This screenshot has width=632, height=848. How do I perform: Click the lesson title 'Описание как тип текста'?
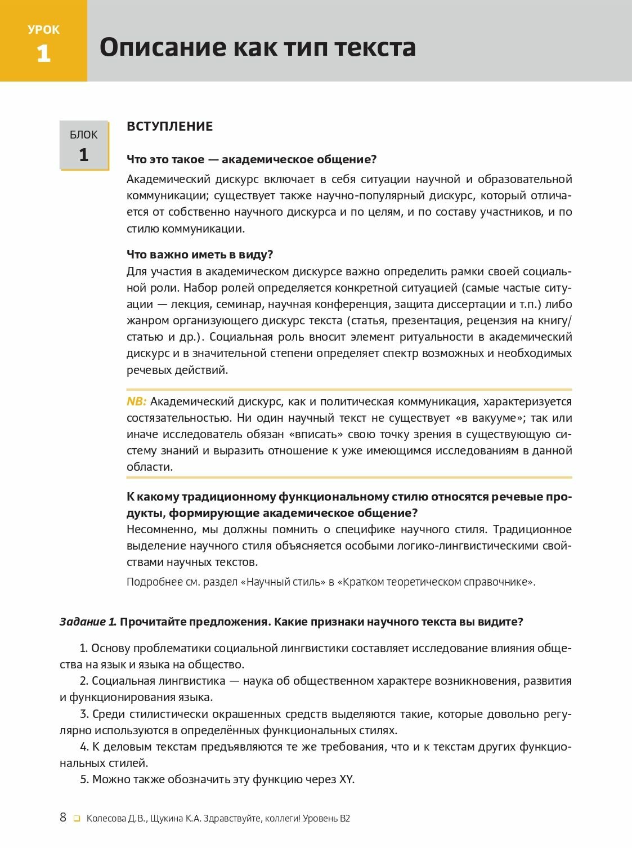[257, 47]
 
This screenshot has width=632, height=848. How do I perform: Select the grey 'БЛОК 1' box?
[84, 145]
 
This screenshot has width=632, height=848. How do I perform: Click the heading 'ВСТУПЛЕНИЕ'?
[169, 126]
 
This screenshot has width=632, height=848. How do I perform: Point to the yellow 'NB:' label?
[136, 401]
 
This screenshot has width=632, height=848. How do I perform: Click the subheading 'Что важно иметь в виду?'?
[200, 255]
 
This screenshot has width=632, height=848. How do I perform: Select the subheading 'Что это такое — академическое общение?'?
[252, 159]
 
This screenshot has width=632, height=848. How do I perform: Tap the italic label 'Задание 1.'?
[88, 622]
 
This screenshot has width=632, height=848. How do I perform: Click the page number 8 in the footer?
[63, 818]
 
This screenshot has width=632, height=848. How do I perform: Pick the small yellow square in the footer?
[77, 819]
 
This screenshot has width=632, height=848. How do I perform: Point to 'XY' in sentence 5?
[346, 779]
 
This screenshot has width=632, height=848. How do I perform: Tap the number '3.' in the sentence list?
[84, 714]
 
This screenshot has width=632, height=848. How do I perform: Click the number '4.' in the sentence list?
[84, 747]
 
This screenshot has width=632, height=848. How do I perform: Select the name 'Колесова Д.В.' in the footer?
[116, 818]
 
